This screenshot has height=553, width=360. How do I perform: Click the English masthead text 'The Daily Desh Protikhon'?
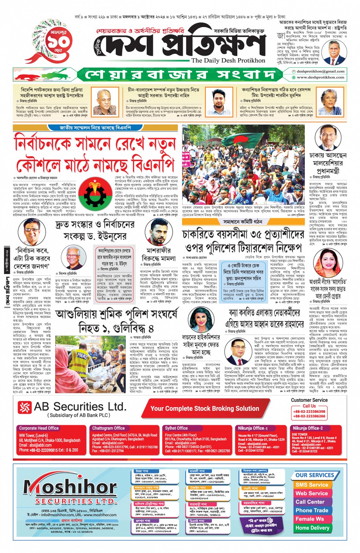click(228, 60)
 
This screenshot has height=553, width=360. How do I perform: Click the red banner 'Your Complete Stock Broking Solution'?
click(205, 408)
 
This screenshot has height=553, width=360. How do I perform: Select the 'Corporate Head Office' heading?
click(39, 428)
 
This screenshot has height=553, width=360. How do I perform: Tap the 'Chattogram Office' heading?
click(108, 428)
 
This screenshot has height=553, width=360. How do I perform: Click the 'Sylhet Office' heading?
click(176, 428)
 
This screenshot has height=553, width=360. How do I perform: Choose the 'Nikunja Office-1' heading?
click(253, 428)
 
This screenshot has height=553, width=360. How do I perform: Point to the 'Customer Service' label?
click(309, 400)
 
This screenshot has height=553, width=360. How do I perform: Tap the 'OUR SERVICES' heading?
click(314, 475)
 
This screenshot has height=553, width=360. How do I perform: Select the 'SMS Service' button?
click(312, 485)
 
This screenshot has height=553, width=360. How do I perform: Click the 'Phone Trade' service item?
click(312, 510)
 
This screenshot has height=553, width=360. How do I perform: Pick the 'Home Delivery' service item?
click(312, 528)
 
